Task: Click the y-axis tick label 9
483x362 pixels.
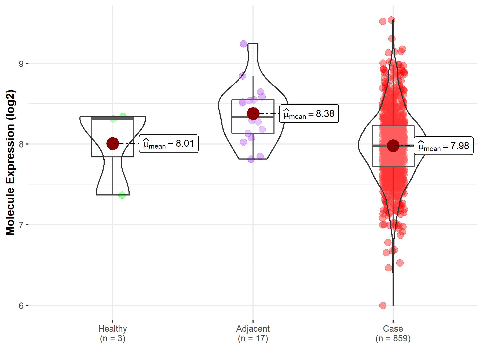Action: (x=21, y=64)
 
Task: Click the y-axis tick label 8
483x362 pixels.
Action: (x=21, y=144)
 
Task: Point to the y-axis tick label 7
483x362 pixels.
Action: (x=21, y=225)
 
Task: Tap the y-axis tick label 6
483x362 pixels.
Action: (x=21, y=305)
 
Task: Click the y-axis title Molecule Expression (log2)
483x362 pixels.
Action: (x=10, y=162)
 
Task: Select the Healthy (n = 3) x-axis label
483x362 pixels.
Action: (x=112, y=333)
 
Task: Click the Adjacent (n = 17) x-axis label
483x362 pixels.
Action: (x=253, y=333)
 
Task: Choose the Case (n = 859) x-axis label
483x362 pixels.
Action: (x=393, y=333)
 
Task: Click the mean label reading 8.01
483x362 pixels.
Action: (x=169, y=143)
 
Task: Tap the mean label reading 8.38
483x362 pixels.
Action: (x=309, y=114)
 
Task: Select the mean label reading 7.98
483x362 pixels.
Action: (x=444, y=146)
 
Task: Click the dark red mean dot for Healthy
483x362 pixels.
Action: (x=113, y=143)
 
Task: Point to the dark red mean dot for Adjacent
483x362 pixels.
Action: (x=253, y=113)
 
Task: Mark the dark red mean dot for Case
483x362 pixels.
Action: (x=393, y=146)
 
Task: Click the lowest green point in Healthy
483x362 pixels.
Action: (x=122, y=195)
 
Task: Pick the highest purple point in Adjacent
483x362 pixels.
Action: (x=243, y=44)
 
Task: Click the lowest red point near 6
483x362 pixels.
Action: (x=383, y=305)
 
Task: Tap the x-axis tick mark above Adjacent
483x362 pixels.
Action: (x=253, y=321)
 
